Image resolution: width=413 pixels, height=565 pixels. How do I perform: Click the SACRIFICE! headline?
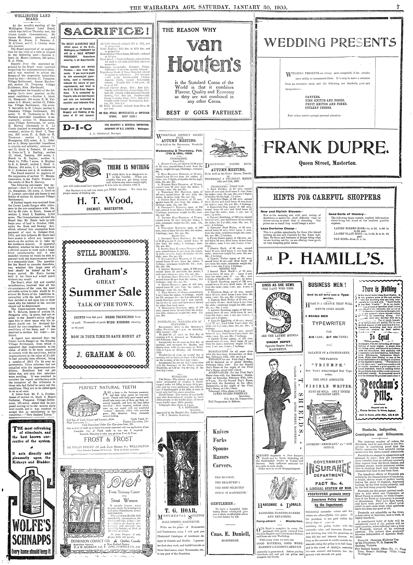(x=106, y=32)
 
